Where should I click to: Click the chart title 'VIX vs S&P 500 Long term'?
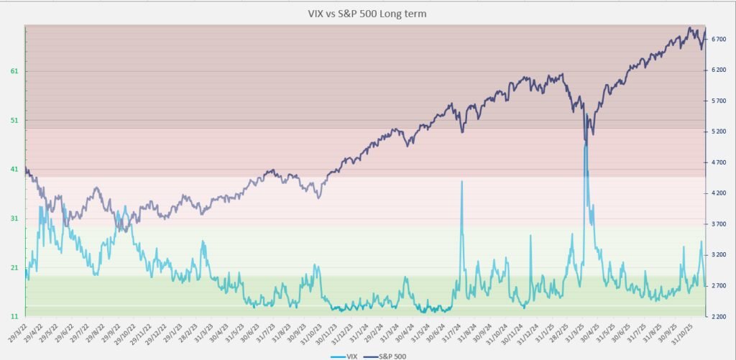click(369, 13)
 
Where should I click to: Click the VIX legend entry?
click(350, 355)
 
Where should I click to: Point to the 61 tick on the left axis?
click(14, 71)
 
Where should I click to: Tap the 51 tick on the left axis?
click(14, 120)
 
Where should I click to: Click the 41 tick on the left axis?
click(14, 170)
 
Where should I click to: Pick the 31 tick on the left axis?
click(14, 218)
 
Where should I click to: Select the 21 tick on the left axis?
click(14, 267)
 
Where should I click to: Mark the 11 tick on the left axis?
click(14, 316)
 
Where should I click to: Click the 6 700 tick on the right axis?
click(719, 40)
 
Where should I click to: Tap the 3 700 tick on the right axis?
click(719, 224)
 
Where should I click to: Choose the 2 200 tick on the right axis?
click(719, 316)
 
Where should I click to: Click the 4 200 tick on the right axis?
click(719, 193)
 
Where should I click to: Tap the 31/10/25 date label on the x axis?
click(694, 333)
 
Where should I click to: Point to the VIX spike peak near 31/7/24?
click(461, 181)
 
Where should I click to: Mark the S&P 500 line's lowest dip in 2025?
click(585, 141)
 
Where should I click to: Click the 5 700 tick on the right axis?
click(719, 101)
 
